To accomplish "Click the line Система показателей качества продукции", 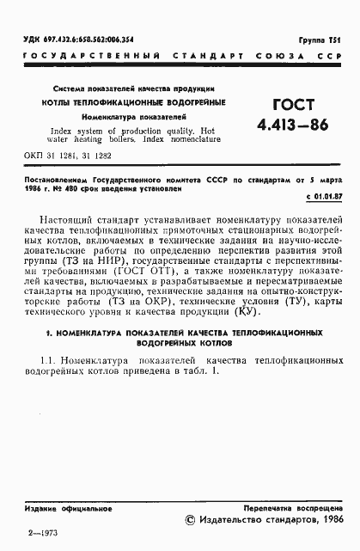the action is coord(133,89).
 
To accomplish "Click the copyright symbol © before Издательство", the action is coord(191,520).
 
